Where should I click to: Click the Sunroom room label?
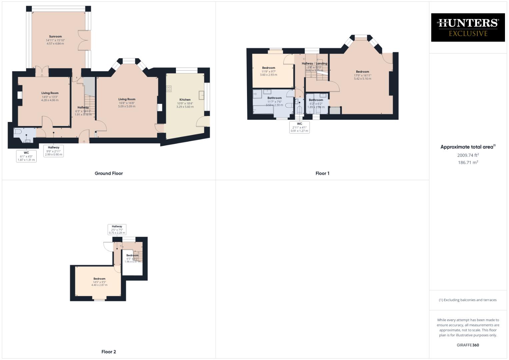55,37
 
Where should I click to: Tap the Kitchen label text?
185,100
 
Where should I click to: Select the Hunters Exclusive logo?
468,27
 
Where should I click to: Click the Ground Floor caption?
109,173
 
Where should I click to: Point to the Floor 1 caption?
322,173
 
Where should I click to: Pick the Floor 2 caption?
109,352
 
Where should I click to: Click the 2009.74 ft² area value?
468,155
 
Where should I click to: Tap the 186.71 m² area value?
468,163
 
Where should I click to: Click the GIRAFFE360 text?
468,345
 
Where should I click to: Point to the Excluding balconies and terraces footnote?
468,300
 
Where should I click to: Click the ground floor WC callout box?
26,156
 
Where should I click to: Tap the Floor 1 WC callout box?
299,127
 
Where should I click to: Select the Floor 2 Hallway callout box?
117,229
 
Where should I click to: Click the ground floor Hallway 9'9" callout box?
53,151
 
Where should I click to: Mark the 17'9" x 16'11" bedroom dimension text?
362,75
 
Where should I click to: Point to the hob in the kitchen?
169,89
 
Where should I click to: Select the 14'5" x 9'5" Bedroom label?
99,279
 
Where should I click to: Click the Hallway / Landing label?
314,63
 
